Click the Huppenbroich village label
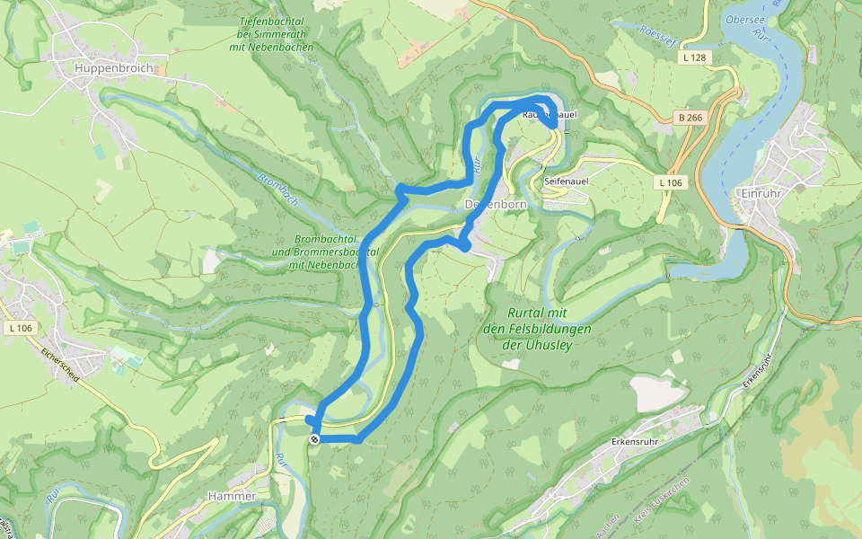pyautogui.click(x=109, y=68)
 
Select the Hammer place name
pyautogui.click(x=232, y=496)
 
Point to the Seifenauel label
pyautogui.click(x=566, y=181)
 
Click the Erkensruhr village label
pyautogui.click(x=636, y=441)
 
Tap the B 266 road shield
pyautogui.click(x=689, y=118)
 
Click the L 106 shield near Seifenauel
pyautogui.click(x=670, y=183)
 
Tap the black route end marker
pyautogui.click(x=314, y=438)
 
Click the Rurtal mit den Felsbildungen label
pyautogui.click(x=526, y=328)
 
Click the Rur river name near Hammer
pyautogui.click(x=281, y=462)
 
